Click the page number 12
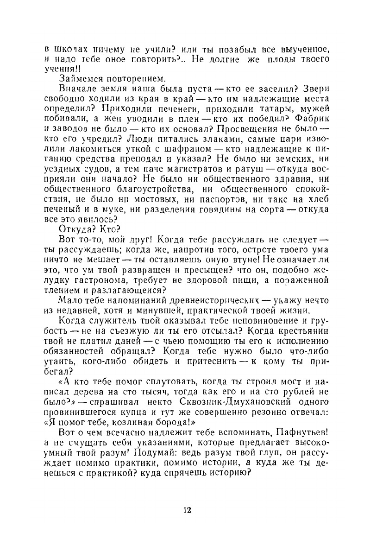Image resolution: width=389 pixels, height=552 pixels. tap(188, 510)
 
